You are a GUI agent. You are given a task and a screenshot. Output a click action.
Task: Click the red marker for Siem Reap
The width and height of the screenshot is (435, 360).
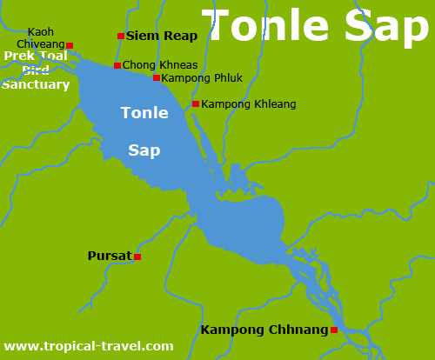pos(121,37)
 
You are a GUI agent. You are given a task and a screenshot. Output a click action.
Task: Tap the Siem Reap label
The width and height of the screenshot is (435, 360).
pos(162,37)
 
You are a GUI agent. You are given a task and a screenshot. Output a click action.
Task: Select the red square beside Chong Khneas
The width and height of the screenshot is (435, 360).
pos(117,65)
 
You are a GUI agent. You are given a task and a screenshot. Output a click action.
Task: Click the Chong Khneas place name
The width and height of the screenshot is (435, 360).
pos(160,65)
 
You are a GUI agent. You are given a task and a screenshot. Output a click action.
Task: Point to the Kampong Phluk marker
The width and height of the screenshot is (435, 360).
pos(157,78)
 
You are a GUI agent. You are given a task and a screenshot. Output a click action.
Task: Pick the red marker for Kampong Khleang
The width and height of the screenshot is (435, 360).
pos(196,104)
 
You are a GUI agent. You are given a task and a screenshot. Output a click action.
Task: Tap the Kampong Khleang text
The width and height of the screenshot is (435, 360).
pos(249,104)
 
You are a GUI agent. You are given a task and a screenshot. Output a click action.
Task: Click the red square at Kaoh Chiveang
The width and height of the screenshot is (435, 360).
pos(70,45)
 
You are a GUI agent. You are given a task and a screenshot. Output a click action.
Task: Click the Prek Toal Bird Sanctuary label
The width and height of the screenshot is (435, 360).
pos(36,70)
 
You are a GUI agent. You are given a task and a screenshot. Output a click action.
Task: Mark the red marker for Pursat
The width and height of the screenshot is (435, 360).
pos(137,257)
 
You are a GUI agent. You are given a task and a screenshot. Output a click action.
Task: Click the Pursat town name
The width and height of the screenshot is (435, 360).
pos(110,257)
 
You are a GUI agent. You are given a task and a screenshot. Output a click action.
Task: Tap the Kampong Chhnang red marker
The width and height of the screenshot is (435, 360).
pos(334,330)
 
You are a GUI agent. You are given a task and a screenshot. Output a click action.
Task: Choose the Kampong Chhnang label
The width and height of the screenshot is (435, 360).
pos(264,330)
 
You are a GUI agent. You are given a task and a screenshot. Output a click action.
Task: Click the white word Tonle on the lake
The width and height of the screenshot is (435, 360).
pos(144,114)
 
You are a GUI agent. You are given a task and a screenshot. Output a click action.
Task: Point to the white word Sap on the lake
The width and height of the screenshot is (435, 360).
pos(144,150)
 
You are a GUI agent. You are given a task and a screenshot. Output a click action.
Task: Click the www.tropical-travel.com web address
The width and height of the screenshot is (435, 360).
pos(89,346)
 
